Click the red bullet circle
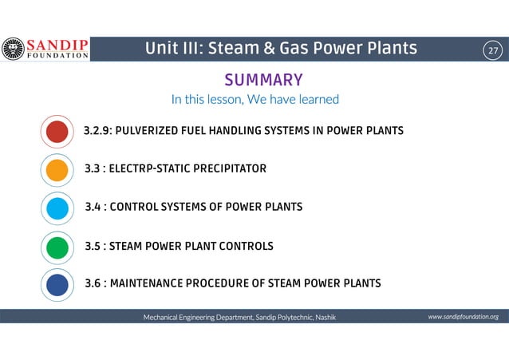pyautogui.click(x=57, y=132)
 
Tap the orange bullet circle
pyautogui.click(x=57, y=170)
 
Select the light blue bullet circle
pyautogui.click(x=57, y=208)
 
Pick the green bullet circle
pyautogui.click(x=57, y=247)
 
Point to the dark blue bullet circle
pyautogui.click(x=57, y=284)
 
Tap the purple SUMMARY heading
pyautogui.click(x=263, y=80)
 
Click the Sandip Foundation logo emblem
pyautogui.click(x=14, y=49)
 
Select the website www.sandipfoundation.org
pyautogui.click(x=463, y=317)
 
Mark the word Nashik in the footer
pyautogui.click(x=326, y=318)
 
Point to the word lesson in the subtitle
pyautogui.click(x=223, y=100)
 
